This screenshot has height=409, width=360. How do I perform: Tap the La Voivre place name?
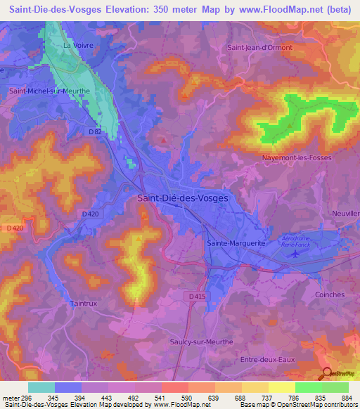pyautogui.click(x=78, y=46)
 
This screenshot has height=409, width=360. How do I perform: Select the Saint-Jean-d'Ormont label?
pyautogui.click(x=257, y=48)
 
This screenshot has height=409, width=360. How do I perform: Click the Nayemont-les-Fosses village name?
pyautogui.click(x=296, y=158)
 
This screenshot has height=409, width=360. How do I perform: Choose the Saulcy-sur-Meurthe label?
pyautogui.click(x=200, y=342)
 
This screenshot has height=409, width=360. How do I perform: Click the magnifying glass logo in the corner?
pyautogui.click(x=327, y=374)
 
